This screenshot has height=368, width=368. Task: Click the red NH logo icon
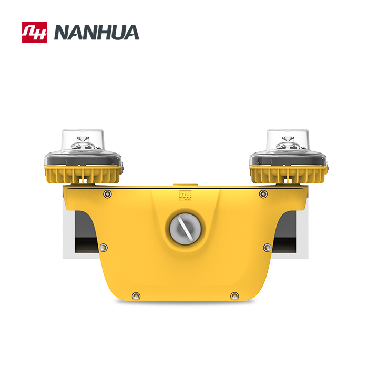tap(34, 32)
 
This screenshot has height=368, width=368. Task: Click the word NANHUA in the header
tap(97, 33)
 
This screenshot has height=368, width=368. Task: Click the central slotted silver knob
tap(183, 228)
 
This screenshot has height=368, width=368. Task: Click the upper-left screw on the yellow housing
tap(108, 194)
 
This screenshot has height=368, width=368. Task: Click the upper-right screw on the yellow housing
tap(263, 194)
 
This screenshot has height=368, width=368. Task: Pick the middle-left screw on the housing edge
tap(103, 247)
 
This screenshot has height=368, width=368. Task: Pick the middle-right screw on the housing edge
tap(267, 247)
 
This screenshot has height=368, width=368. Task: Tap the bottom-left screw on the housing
tap(136, 296)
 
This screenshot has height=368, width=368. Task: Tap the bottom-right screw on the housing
tap(234, 296)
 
